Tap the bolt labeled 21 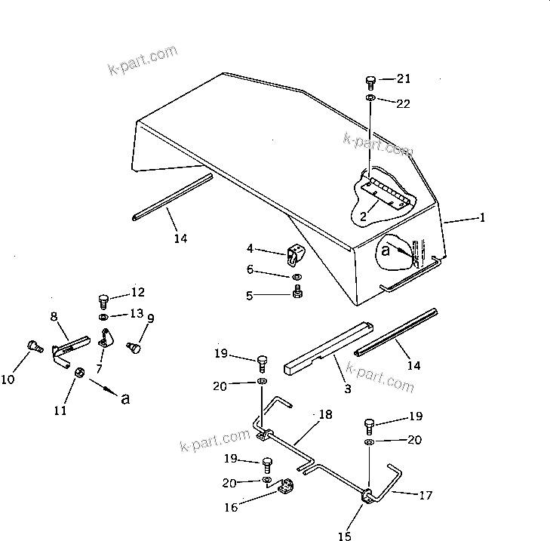(x=371, y=81)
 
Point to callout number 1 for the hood (x=482, y=218)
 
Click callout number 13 (x=137, y=313)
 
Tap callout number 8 (x=54, y=317)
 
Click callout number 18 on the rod (x=324, y=414)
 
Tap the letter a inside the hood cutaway (x=385, y=251)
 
